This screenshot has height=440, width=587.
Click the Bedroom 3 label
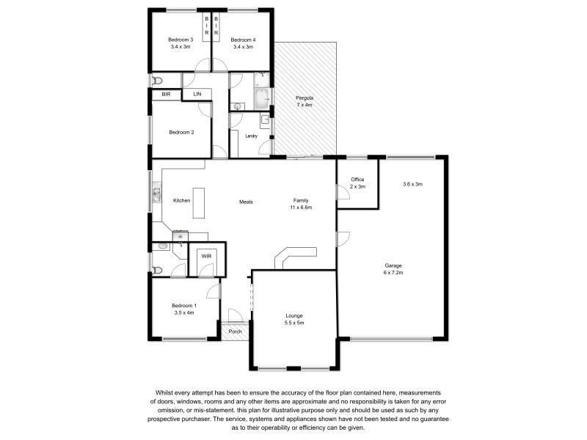coord(180,43)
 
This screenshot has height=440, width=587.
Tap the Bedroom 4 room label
coord(243,43)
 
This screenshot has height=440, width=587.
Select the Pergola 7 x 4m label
coord(304,101)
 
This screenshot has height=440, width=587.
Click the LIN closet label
coord(197,95)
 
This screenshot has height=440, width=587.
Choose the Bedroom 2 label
coord(181,133)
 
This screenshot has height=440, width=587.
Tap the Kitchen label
coord(181,200)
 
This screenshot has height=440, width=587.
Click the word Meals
coord(246,202)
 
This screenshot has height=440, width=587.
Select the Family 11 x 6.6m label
coord(301,204)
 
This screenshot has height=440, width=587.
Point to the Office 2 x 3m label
coord(357,183)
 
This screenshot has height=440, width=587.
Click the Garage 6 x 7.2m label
coord(394,268)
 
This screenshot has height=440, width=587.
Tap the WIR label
coord(206,255)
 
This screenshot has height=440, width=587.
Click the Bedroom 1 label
coord(183,309)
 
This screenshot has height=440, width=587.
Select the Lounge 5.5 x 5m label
coord(294,319)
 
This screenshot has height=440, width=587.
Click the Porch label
coord(235,331)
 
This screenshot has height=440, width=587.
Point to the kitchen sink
coord(156,194)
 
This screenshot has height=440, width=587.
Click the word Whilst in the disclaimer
coord(163,393)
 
